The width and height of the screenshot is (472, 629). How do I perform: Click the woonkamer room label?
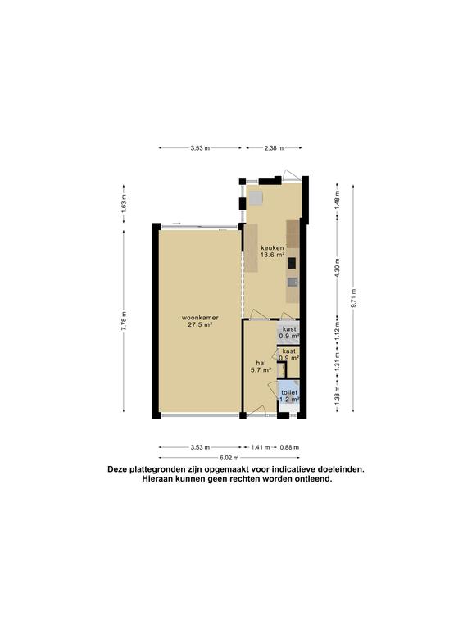pyautogui.click(x=200, y=318)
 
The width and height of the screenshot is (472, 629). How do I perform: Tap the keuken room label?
pyautogui.click(x=272, y=247)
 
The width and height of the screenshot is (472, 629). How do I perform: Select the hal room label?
pyautogui.click(x=261, y=363)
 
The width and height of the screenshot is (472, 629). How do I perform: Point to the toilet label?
pyautogui.click(x=289, y=392)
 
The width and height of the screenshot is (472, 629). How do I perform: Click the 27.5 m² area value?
pyautogui.click(x=200, y=325)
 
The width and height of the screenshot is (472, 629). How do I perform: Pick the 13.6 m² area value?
pyautogui.click(x=273, y=255)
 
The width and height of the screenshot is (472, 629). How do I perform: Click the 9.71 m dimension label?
pyautogui.click(x=353, y=298)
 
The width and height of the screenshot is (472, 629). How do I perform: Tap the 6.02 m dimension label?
pyautogui.click(x=229, y=458)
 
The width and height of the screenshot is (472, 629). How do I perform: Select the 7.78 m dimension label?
pyautogui.click(x=124, y=321)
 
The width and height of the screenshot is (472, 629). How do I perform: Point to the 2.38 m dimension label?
pyautogui.click(x=274, y=148)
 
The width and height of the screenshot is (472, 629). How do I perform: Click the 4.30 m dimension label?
pyautogui.click(x=337, y=265)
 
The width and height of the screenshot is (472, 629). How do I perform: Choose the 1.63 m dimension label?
pyautogui.click(x=124, y=203)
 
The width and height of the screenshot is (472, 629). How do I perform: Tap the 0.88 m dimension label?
pyautogui.click(x=289, y=447)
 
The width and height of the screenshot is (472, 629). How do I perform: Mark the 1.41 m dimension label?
pyautogui.click(x=261, y=447)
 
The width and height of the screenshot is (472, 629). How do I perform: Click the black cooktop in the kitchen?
pyautogui.click(x=293, y=263)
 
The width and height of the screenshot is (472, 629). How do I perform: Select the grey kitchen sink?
pyautogui.click(x=293, y=283)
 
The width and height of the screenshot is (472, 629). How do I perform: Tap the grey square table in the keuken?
pyautogui.click(x=256, y=198)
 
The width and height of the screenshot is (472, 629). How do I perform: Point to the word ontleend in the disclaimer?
pyautogui.click(x=314, y=478)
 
